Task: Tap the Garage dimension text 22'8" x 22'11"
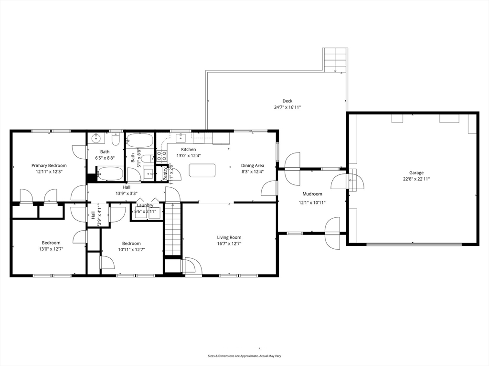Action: coord(416,179)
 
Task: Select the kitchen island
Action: coord(202,170)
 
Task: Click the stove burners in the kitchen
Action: coord(161,156)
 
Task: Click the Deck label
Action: coord(287,101)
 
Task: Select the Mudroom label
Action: coord(312,194)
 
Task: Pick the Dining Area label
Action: coord(252,165)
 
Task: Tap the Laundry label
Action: coord(145,205)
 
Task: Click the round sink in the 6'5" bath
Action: coord(95,139)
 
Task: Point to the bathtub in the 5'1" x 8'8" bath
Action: coord(140,141)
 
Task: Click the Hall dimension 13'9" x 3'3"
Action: coord(127,193)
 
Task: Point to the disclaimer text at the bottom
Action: coord(247,356)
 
